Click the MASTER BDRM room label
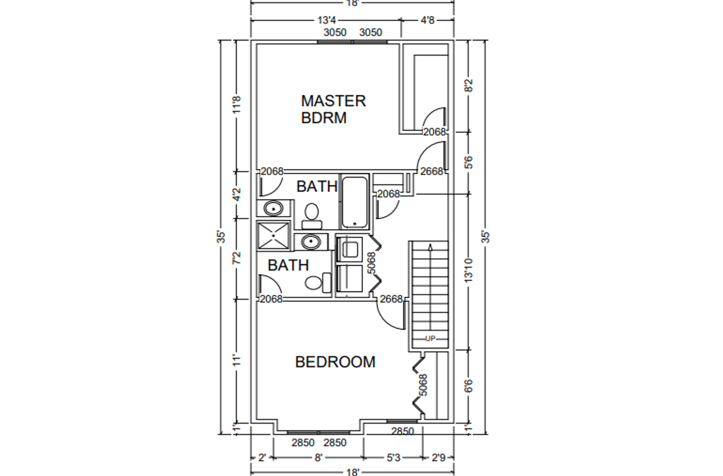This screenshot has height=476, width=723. tap(333, 109)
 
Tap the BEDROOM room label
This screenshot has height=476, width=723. tap(335, 362)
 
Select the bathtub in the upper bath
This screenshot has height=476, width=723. tap(355, 202)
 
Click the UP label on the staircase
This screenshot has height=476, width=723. tap(430, 338)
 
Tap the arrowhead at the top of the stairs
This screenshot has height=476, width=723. tap(430, 247)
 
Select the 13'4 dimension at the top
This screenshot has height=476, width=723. tap(327, 20)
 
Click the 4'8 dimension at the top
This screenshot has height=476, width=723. tap(428, 20)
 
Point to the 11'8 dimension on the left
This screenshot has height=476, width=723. tap(237, 104)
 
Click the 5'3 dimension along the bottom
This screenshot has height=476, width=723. tap(393, 457)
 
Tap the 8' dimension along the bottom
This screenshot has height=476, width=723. tap(318, 457)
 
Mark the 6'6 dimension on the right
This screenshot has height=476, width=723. tap(469, 386)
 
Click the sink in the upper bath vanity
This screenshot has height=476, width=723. tap(274, 208)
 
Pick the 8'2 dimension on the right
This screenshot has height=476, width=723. tap(469, 86)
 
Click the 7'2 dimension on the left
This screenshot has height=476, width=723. tap(237, 258)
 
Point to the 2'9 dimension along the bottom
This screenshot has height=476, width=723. tap(439, 457)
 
